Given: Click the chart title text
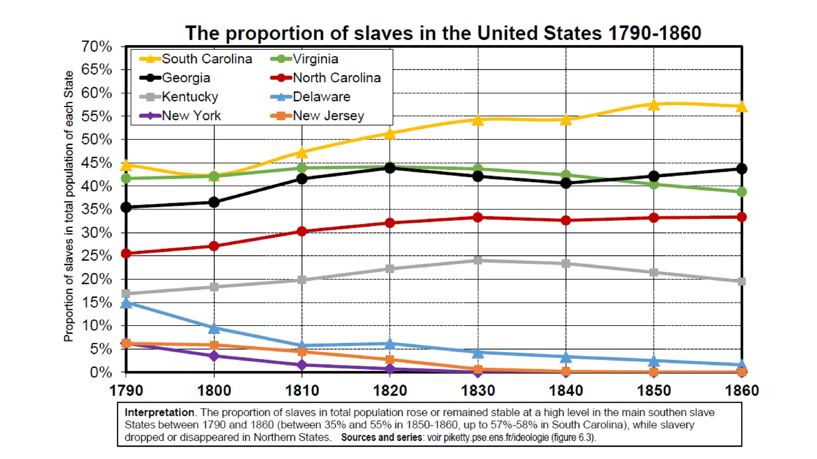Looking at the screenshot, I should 443,33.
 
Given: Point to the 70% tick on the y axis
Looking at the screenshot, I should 97,47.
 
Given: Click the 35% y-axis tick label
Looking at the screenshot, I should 97,209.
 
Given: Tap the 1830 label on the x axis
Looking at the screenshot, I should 478,390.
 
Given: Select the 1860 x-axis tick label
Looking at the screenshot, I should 741,390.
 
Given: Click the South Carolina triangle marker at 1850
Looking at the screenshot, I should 653,105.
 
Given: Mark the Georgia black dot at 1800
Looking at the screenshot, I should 214,202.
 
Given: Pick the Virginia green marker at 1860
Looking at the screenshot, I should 741,192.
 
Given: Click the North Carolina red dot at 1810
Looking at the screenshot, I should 302,231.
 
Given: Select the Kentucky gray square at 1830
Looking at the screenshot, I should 478,260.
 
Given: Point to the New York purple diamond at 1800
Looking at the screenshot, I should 214,355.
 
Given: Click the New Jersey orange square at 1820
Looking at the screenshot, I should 390,360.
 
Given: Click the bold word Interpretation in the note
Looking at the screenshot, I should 159,412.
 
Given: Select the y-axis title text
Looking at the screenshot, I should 69,206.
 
